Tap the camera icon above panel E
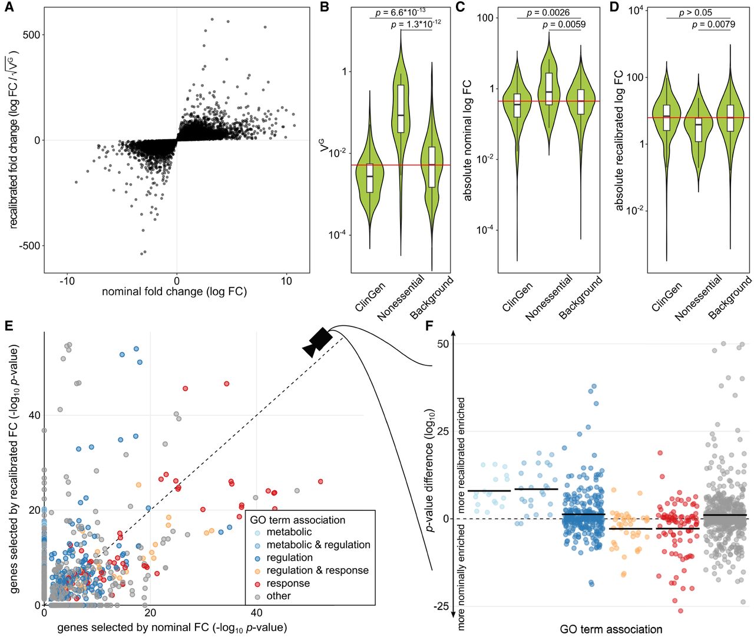[318, 342]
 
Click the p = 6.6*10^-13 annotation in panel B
[401, 12]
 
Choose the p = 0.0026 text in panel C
[548, 12]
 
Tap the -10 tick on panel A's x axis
[67, 281]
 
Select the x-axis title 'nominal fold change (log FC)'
[174, 292]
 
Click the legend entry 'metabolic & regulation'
[318, 545]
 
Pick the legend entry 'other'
[279, 596]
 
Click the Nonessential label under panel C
[549, 298]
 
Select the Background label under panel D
[730, 298]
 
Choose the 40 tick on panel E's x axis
[256, 613]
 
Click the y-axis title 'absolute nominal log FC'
[468, 141]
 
